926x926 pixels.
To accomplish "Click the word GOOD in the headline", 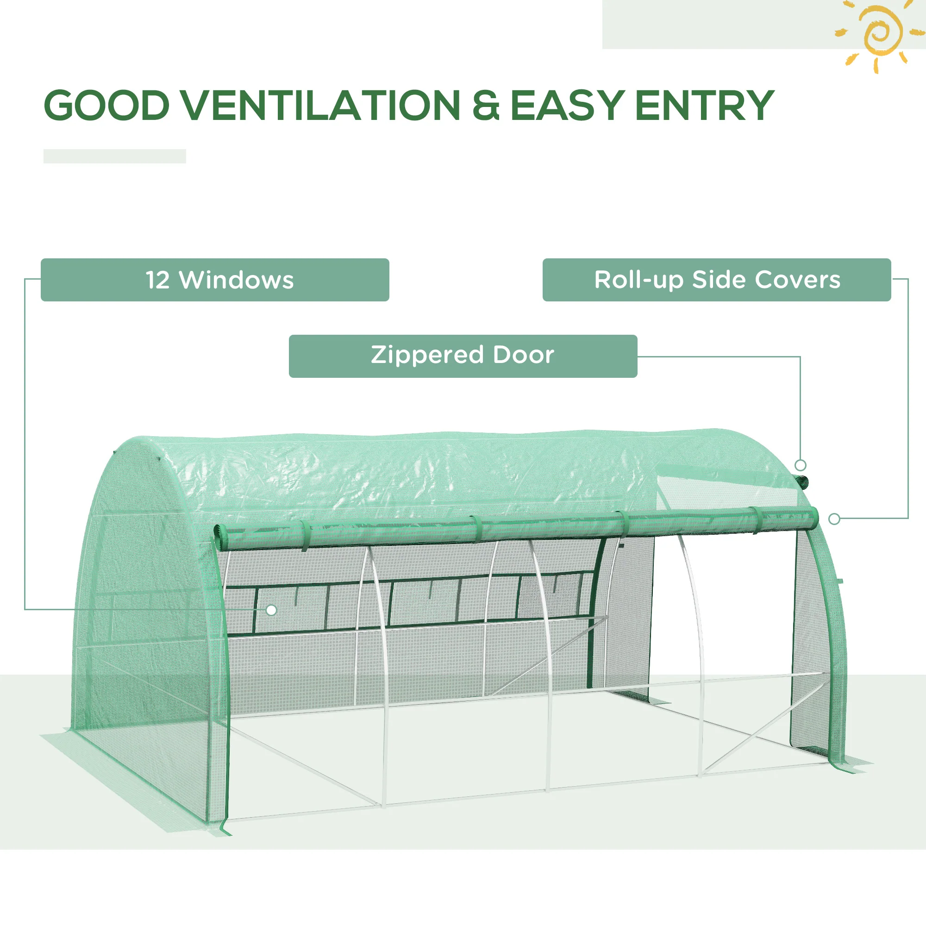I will coord(106,105).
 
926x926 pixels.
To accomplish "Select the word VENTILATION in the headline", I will coord(320,105).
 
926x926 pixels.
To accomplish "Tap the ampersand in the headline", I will coord(485,105).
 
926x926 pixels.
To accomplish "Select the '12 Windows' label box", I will coord(215,280).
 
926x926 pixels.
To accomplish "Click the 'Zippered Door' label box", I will coord(463,356).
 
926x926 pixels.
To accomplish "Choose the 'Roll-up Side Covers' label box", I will coord(717,280).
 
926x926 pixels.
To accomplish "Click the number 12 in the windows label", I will coord(158,280).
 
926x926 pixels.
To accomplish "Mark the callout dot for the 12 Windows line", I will coord(271,610).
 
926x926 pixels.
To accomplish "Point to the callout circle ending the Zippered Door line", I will coord(801,465).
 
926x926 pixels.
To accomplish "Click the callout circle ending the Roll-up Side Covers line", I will coord(834,519).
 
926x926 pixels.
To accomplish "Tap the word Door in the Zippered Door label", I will coord(523,355).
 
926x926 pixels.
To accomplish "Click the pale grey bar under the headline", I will coord(114,156).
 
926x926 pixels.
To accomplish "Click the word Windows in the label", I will coord(236,280).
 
